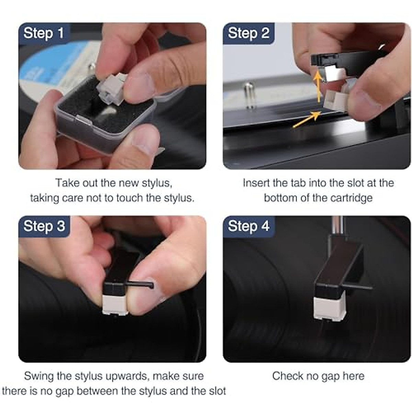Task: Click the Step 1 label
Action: coord(44,33)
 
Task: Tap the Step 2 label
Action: coord(248,33)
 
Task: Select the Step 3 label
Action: coord(44,226)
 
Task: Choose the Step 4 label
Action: coord(248,226)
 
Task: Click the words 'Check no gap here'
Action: coord(318,376)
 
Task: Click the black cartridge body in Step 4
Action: coord(338,268)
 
